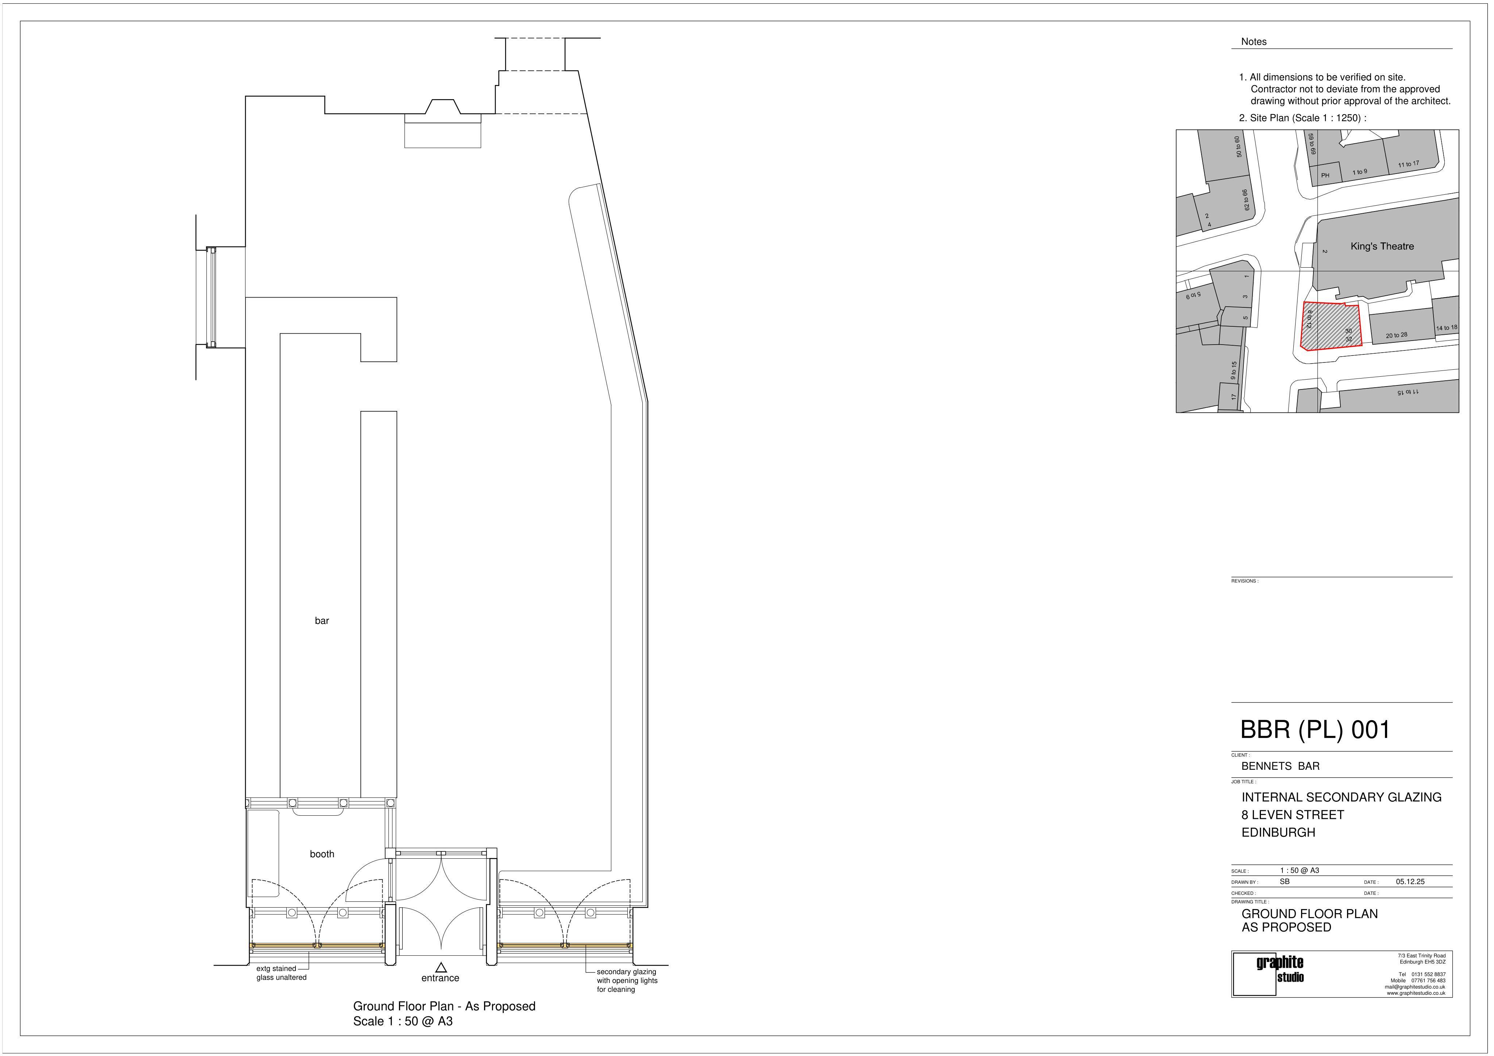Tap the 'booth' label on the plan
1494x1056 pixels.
click(322, 854)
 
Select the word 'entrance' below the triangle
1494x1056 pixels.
click(441, 978)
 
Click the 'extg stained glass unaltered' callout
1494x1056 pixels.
click(281, 973)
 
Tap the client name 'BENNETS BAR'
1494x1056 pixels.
click(1281, 766)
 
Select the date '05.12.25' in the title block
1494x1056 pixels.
click(1410, 882)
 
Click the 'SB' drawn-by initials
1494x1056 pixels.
click(1285, 882)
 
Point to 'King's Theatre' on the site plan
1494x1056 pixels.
click(1382, 246)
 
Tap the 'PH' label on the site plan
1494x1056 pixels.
click(1325, 176)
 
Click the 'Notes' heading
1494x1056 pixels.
click(1254, 42)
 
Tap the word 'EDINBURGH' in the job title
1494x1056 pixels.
click(1279, 832)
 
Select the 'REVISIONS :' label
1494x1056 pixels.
click(1245, 581)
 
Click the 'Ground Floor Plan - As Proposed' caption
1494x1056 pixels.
click(444, 1006)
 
